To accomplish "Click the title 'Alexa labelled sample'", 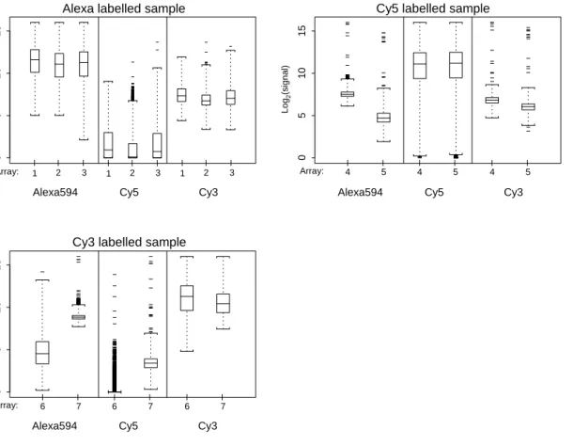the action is coord(123,8).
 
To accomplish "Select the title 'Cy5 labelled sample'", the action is coord(433,8).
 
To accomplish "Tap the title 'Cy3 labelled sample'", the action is coord(129,242).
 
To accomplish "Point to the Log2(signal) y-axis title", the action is coord(286,89).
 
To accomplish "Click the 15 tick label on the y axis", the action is coord(302,31).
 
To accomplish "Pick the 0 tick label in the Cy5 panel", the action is coord(302,157).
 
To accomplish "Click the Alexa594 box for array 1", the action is coord(35,61).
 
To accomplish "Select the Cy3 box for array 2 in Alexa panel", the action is coord(206,100).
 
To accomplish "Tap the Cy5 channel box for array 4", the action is coord(420,66).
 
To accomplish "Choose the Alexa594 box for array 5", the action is coord(383,118).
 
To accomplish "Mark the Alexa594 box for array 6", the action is coord(42,353).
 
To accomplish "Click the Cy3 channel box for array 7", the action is coord(223,303).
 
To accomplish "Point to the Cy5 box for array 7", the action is coord(150,363).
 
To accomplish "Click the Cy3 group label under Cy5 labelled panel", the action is coord(513,193).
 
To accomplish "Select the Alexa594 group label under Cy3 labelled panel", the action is coord(54,426).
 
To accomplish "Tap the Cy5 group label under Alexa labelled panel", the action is coord(129,193).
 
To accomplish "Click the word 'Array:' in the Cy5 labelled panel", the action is coord(312,171).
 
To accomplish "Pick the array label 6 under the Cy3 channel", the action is coord(187,406).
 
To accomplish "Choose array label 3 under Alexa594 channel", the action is coord(84,173).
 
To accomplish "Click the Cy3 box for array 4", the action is coord(492,100).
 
